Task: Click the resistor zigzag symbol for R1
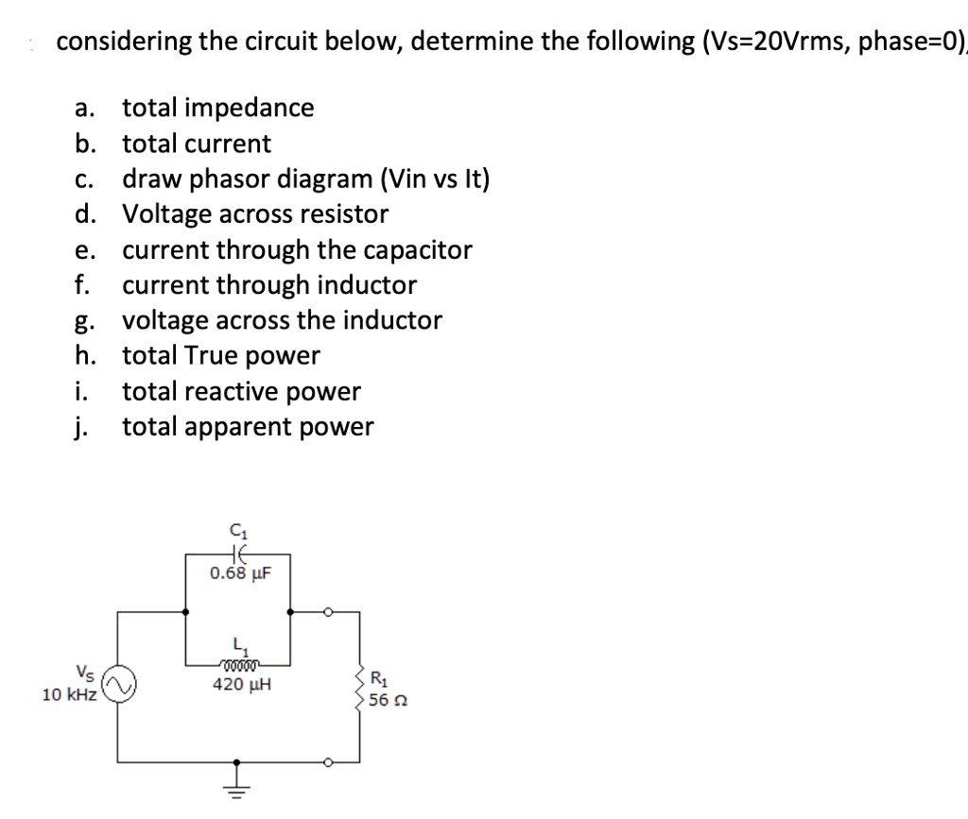359,688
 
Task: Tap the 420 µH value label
241,684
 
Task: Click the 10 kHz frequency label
69,695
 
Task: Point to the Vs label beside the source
85,674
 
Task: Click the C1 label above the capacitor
235,532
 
